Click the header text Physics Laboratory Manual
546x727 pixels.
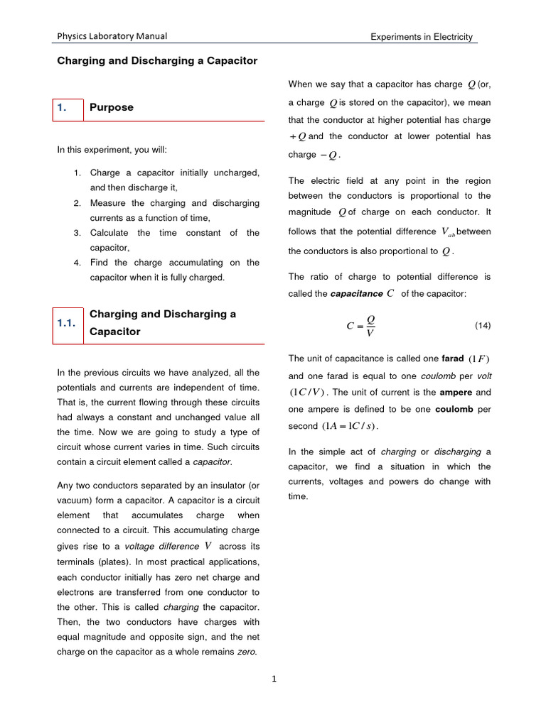pos(112,37)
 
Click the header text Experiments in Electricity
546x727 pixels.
pos(421,37)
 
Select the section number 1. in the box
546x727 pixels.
pos(62,107)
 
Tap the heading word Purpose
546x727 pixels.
pos(111,107)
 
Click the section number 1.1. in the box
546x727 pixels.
pos(66,323)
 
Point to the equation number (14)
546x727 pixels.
pos(482,325)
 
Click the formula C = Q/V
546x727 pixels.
pos(362,326)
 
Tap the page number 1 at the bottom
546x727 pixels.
pos(274,679)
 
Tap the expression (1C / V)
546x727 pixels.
pos(307,393)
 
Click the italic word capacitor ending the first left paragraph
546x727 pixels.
pos(212,462)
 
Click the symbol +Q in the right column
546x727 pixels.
pos(297,136)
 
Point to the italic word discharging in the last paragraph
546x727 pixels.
pos(457,452)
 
